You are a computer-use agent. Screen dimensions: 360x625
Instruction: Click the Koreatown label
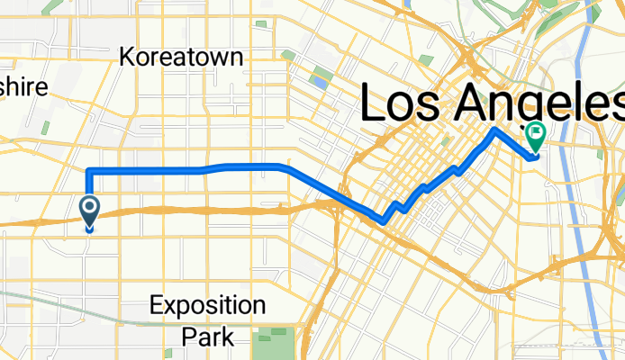[x=182, y=58]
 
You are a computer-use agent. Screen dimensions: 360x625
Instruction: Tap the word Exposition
[x=208, y=304]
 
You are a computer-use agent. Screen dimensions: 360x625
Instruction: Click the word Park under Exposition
[x=208, y=337]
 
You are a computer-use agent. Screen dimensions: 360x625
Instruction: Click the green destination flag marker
[x=537, y=137]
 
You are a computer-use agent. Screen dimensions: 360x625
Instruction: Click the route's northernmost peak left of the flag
[x=494, y=130]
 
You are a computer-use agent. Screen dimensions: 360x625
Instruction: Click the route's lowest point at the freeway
[x=385, y=220]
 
